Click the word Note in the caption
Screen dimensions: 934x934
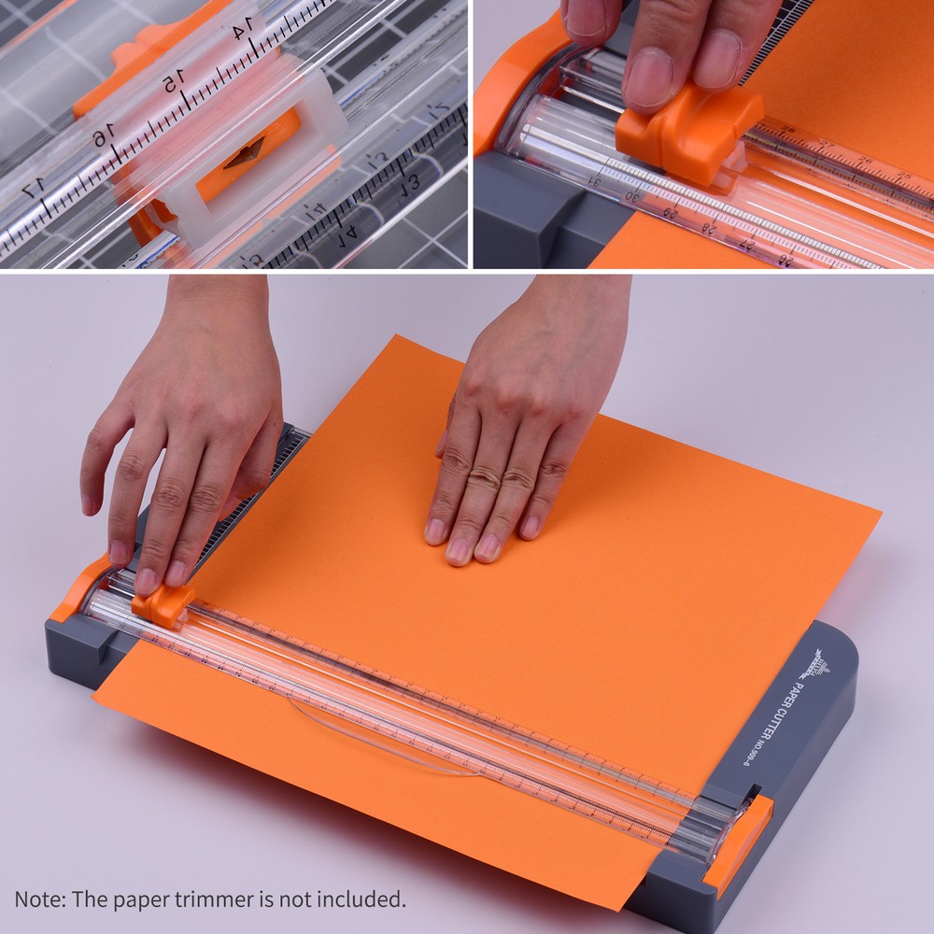(35, 899)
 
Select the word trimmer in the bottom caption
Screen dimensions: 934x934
(258, 899)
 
